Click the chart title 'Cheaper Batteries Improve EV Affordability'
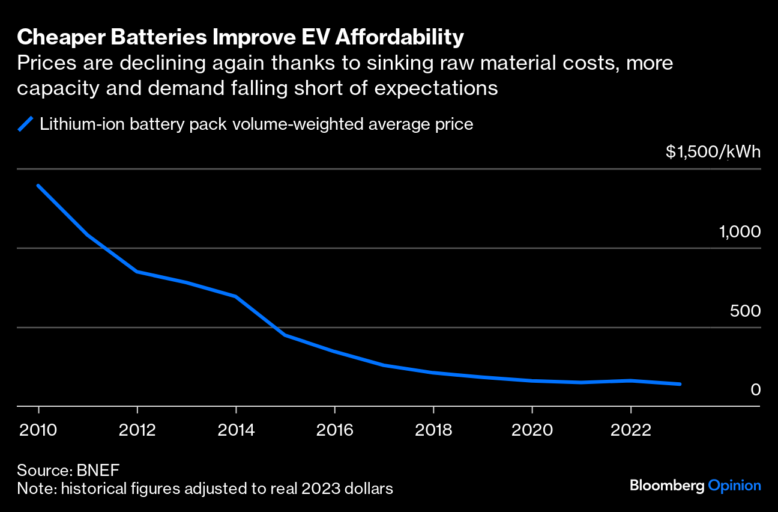240,37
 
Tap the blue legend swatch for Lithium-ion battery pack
25,124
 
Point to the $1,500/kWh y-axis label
713,152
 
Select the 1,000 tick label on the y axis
740,232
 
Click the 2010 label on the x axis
38,430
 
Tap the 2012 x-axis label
137,430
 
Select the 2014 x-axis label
236,430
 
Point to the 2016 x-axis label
334,430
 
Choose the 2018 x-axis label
433,430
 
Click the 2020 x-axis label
532,430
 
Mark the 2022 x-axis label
630,430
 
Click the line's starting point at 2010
38,186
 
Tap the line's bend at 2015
285,335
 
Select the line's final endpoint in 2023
680,384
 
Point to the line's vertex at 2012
137,272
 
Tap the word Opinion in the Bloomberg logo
734,486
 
